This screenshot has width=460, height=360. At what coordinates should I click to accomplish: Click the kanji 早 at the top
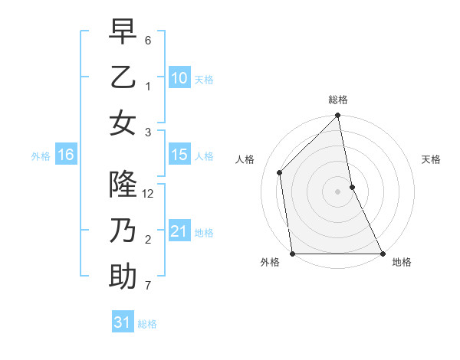[123, 33]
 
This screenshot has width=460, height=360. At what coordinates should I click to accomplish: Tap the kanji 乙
[123, 77]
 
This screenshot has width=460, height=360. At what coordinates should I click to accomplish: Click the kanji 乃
[123, 231]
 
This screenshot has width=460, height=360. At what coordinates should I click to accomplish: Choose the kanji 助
[123, 276]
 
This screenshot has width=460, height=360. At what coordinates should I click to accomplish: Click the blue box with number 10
[179, 78]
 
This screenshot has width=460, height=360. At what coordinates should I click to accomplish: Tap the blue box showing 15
[179, 155]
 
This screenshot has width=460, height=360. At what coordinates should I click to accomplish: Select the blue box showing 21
[179, 231]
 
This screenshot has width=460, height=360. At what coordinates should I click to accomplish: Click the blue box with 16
[65, 155]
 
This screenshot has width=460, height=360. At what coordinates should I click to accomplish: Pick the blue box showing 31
[123, 322]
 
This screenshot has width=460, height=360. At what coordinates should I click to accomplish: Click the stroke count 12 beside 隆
[149, 194]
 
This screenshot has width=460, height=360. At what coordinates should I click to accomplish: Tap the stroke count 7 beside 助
[149, 286]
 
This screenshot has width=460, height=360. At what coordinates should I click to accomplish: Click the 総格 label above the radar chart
[338, 100]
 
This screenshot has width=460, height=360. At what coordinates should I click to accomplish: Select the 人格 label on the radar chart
[245, 159]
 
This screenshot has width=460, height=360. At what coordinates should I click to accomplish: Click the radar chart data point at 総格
[338, 116]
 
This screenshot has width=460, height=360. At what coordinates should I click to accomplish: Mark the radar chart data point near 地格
[382, 254]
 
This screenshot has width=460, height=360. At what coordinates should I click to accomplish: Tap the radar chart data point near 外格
[293, 254]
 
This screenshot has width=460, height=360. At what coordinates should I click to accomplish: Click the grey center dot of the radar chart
[338, 191]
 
